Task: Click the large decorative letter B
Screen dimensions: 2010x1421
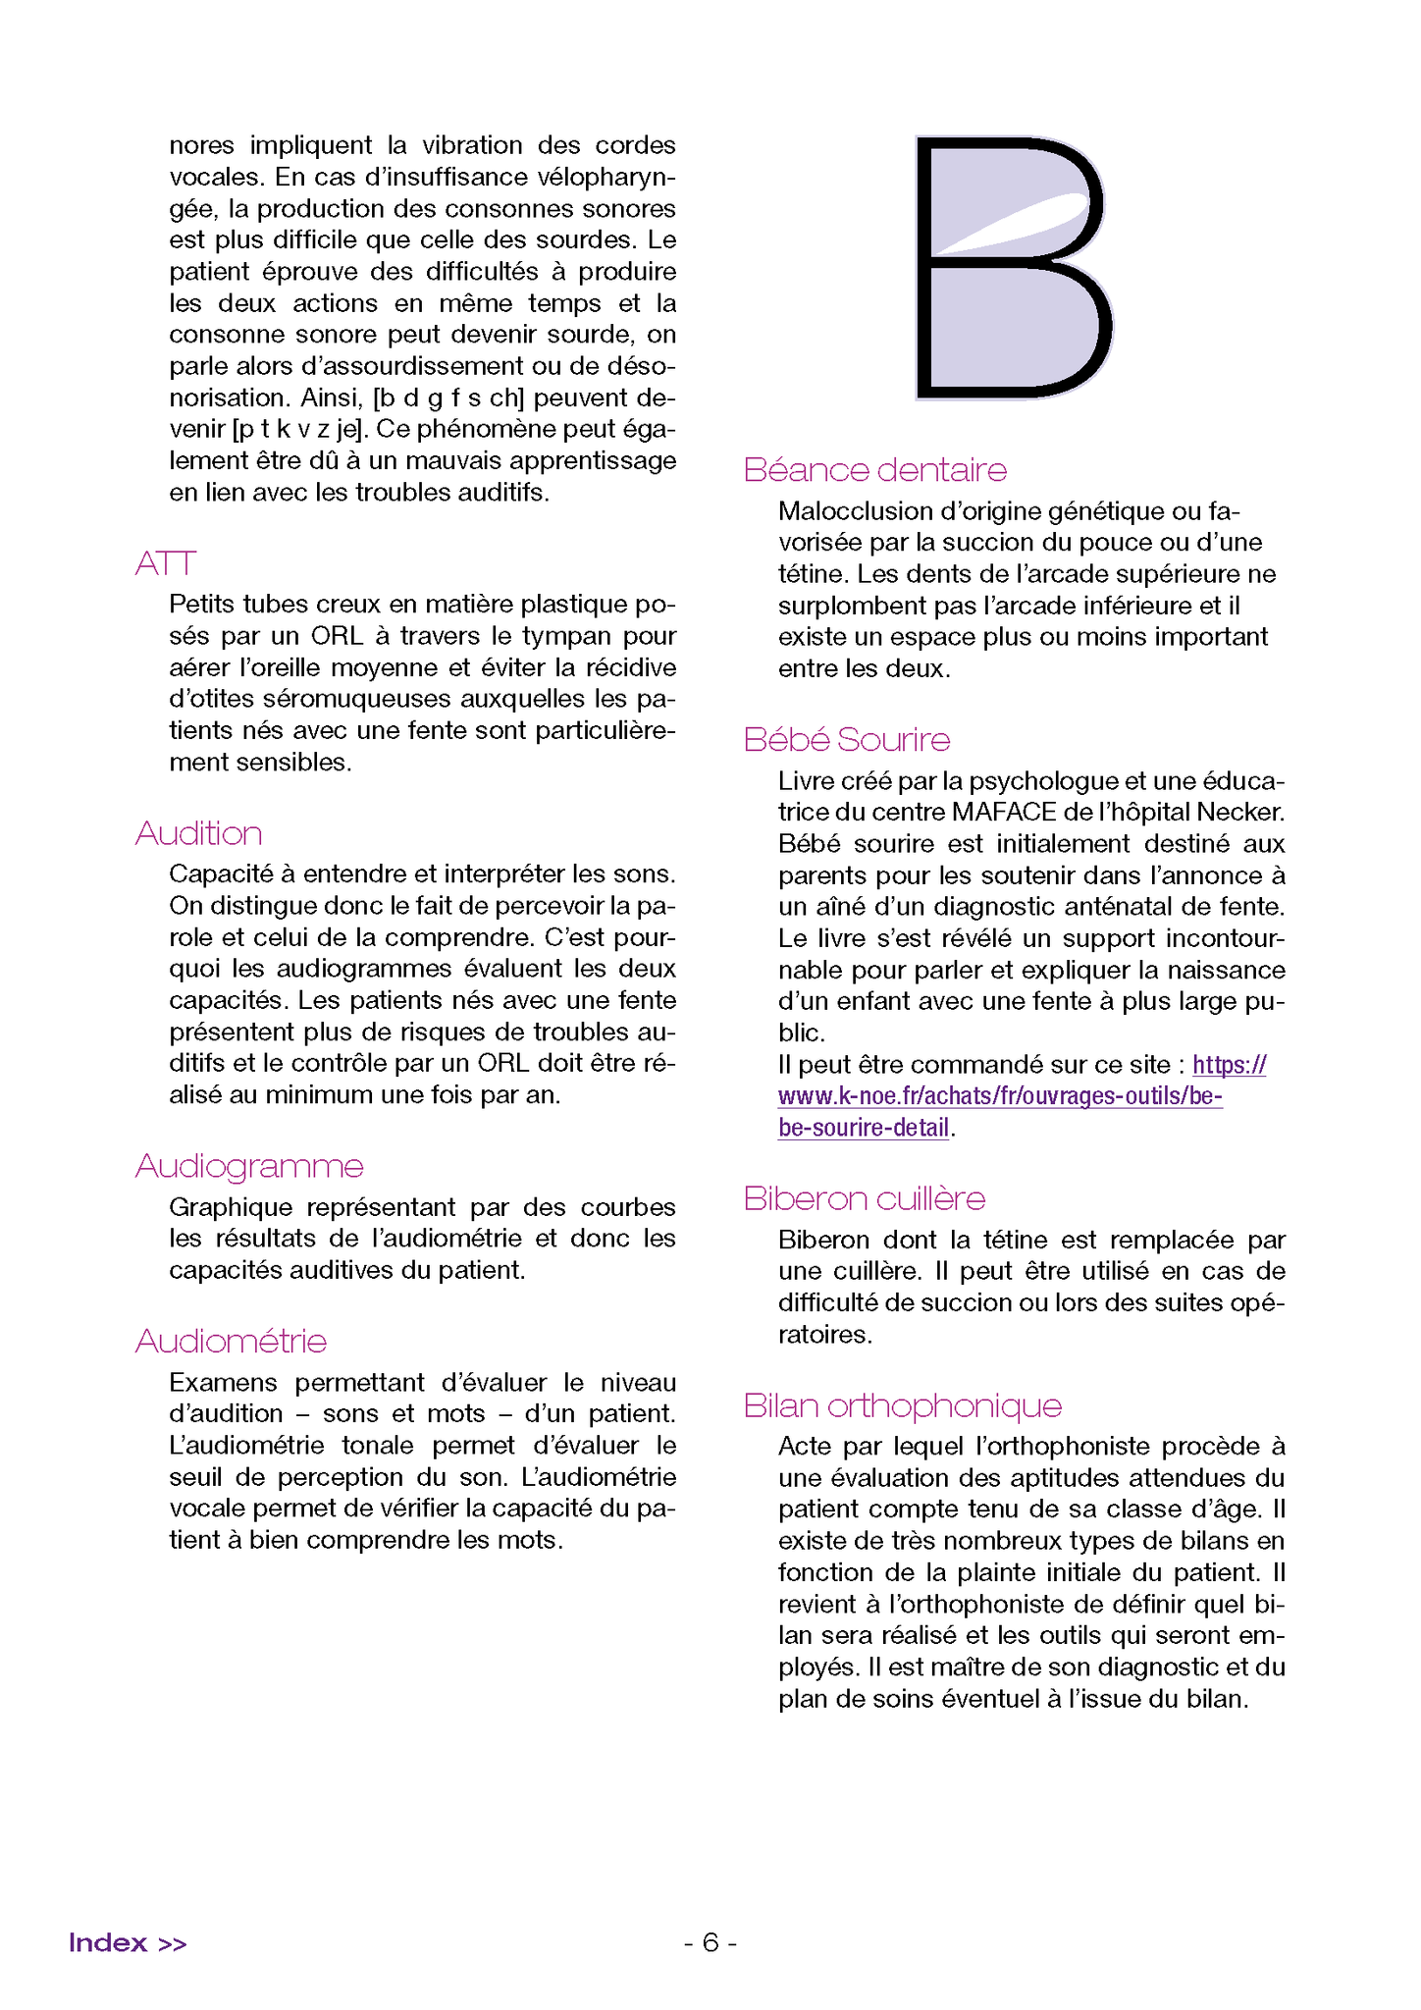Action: coord(1013,268)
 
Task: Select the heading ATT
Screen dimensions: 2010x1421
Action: coord(166,564)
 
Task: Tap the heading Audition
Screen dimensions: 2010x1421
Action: coord(198,833)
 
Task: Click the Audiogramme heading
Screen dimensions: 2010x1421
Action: coord(249,1166)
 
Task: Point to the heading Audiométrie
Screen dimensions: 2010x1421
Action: coord(231,1341)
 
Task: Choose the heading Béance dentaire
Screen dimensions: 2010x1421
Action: coord(874,470)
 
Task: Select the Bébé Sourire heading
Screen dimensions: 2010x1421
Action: coord(846,739)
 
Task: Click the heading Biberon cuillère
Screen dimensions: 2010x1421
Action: coord(864,1198)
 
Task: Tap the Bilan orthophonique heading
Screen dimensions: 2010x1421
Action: coord(902,1405)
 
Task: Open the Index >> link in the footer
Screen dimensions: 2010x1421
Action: coord(128,1942)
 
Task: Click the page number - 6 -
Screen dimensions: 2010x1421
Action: coord(710,1942)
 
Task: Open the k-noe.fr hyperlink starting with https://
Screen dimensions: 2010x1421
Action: coord(1000,1096)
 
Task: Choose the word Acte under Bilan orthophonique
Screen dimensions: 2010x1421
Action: coord(803,1447)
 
